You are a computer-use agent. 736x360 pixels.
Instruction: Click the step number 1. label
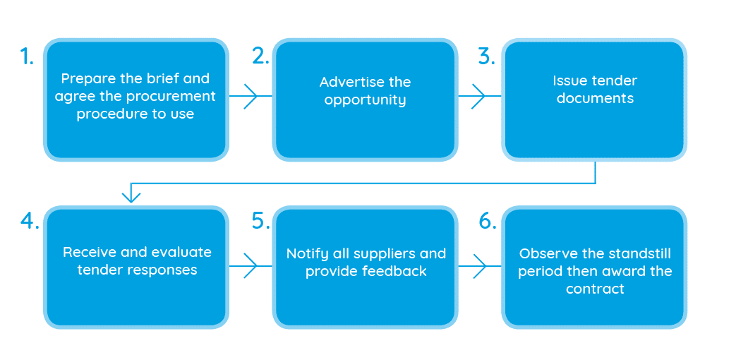coord(27,57)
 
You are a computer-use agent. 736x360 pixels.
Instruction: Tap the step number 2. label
coord(260,57)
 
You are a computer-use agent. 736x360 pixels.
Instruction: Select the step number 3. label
coord(486,57)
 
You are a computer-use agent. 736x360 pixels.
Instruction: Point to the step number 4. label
coord(29,221)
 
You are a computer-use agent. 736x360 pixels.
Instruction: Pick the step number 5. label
coord(260,221)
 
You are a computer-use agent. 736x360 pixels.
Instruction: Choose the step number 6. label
coord(488,221)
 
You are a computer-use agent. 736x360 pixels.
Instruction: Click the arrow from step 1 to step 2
coord(250,96)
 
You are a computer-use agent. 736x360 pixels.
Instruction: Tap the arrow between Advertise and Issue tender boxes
coord(478,96)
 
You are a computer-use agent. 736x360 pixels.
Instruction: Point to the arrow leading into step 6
coord(478,265)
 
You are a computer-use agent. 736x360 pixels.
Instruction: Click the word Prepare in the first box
coord(85,79)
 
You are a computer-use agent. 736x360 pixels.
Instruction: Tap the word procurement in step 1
coord(174,96)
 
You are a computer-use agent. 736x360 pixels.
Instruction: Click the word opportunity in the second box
coord(365,100)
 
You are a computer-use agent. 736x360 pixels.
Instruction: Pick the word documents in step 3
coord(595,99)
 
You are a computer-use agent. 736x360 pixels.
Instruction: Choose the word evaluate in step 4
coord(182,253)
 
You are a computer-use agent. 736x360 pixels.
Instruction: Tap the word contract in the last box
coord(595,289)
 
